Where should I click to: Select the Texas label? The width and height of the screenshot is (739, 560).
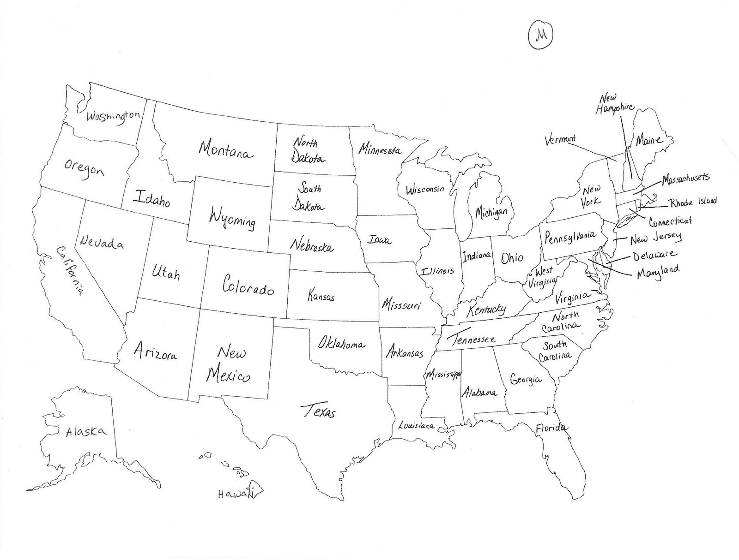318,410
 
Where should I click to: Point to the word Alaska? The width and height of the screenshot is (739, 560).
85,432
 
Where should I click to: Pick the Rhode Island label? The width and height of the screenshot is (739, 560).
693,202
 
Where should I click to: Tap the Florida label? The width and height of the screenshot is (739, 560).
551,428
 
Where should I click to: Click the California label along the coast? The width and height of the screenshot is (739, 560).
70,270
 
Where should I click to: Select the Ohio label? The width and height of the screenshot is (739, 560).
512,257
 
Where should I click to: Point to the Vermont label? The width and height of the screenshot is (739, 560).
560,139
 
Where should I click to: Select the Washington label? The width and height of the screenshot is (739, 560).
113,117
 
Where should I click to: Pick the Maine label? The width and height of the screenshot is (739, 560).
649,139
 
